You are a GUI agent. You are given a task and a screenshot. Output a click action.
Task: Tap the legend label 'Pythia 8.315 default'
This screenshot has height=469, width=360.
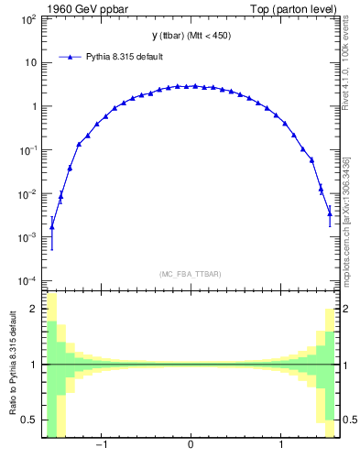(125, 57)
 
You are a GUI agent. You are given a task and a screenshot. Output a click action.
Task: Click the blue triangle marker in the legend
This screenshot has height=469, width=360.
(71, 57)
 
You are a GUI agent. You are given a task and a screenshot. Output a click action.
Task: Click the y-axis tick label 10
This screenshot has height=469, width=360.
(29, 63)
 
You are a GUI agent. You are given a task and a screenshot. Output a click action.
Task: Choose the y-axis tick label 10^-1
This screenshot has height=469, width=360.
(27, 150)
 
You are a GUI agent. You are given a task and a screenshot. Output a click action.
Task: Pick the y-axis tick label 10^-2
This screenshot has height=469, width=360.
(27, 194)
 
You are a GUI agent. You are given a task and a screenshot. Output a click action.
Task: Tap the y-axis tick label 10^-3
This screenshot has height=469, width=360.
(27, 237)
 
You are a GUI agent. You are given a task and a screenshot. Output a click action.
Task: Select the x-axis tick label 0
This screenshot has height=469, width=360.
(191, 446)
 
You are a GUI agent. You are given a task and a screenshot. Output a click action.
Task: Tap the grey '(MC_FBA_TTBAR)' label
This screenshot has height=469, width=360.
(191, 274)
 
